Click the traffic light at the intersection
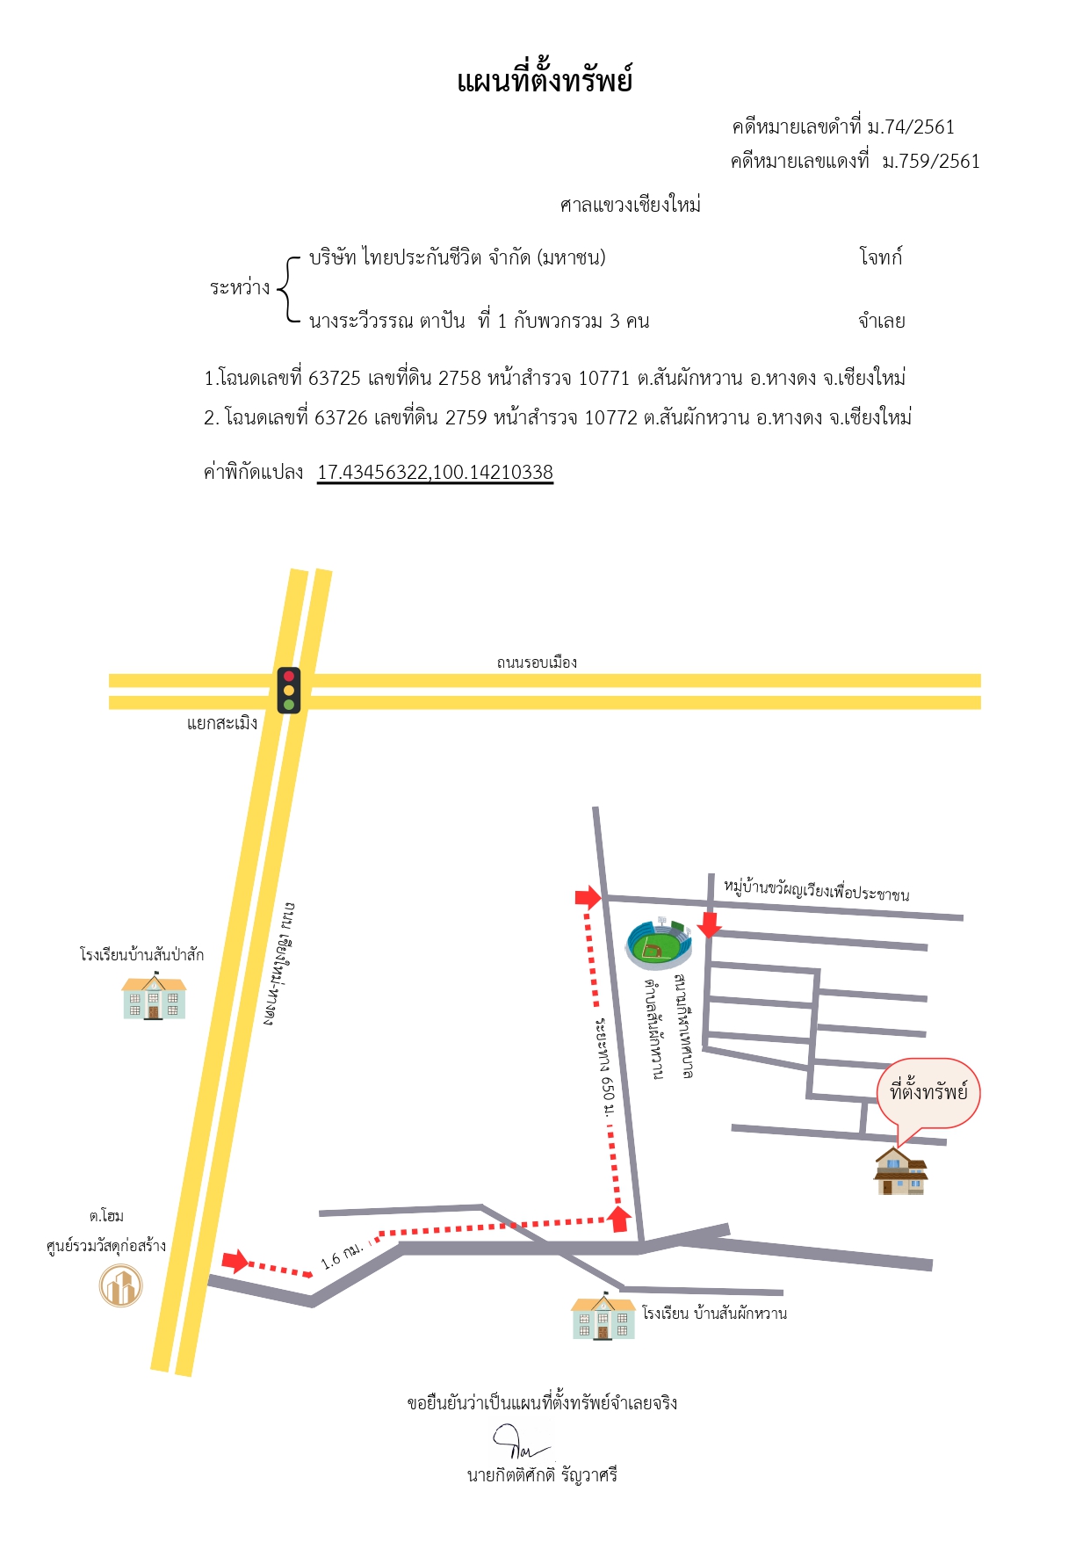pos(289,690)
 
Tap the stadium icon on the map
pos(659,943)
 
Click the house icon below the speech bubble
pos(900,1170)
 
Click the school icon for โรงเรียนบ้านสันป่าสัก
pos(155,995)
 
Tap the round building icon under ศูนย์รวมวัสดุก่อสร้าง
pos(120,1285)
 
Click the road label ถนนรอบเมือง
pos(537,662)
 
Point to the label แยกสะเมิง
pos(222,723)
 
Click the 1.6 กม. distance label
pos(343,1255)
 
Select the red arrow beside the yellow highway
pos(235,1262)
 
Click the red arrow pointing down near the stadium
pos(709,924)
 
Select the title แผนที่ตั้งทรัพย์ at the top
pos(545,81)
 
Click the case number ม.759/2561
pos(931,161)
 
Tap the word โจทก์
pos(881,257)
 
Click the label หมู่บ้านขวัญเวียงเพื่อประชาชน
pos(817,889)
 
